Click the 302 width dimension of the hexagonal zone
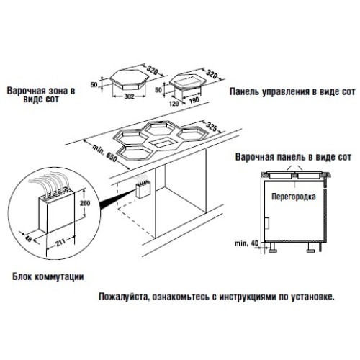pos(129,96)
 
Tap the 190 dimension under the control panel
pos(194,99)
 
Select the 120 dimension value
pos(174,104)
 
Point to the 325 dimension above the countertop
pos(212,127)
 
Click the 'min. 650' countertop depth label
pos(105,153)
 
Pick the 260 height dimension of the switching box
pos(85,203)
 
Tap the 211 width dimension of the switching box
pos(60,243)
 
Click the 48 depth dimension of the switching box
pos(28,238)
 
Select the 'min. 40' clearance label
pos(246,243)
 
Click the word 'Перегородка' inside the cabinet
pos(294,197)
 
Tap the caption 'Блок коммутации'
pos(48,276)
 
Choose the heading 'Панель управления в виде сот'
pos(292,91)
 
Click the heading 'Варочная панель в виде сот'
pos(293,157)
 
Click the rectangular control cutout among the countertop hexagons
pos(161,143)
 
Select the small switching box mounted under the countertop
pos(143,191)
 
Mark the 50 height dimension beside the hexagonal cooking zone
pos(94,85)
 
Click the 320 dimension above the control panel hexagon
pos(212,73)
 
